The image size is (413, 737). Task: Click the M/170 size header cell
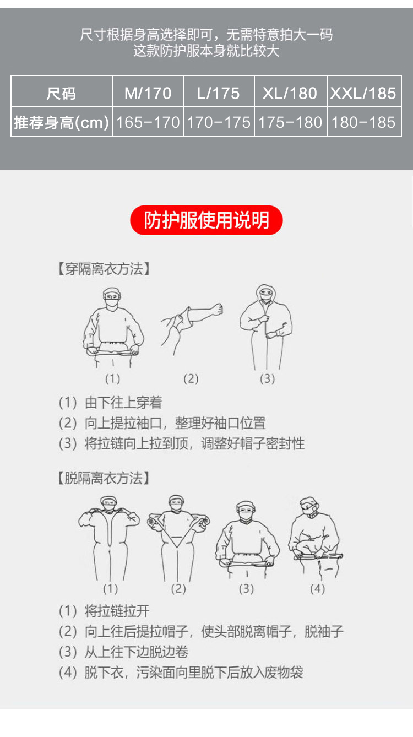tap(148, 93)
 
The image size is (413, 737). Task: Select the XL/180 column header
tap(290, 93)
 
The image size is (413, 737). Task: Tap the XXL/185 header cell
tap(363, 93)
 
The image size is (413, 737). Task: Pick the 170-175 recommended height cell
tap(218, 122)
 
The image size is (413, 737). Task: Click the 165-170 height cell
tap(148, 122)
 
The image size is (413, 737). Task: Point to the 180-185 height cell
tap(363, 122)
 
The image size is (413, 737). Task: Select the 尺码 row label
tap(61, 93)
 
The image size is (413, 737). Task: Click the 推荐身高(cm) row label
tap(61, 122)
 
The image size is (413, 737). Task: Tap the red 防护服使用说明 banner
tap(206, 220)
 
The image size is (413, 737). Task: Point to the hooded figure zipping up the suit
tap(267, 328)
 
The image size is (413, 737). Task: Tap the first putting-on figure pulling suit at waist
tap(113, 328)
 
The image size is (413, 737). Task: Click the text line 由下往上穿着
tap(123, 403)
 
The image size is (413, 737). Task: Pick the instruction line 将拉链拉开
tap(116, 611)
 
